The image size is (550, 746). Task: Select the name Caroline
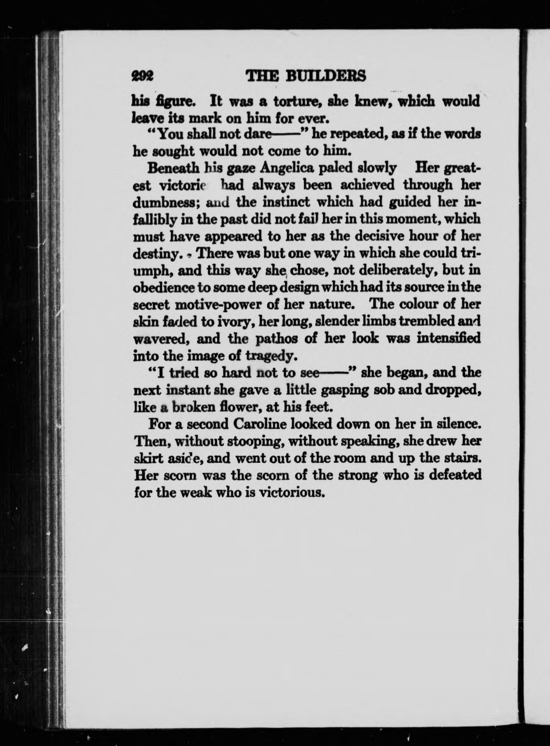point(262,424)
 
